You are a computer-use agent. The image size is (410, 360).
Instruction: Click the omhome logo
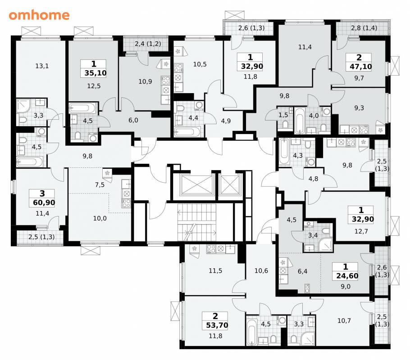[x=39, y=15]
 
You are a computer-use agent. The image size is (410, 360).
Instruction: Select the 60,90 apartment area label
[x=44, y=202]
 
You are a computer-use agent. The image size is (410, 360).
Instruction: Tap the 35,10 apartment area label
[x=96, y=73]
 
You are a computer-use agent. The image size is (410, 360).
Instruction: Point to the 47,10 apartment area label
[x=360, y=67]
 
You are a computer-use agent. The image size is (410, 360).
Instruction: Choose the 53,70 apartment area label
[x=217, y=325]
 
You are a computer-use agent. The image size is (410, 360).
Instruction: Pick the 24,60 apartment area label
[x=347, y=275]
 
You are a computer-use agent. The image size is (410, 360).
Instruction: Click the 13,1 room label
[x=42, y=66]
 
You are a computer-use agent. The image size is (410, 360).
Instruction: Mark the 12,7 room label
[x=361, y=231]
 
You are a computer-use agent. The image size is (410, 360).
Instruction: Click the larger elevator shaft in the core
[x=197, y=185]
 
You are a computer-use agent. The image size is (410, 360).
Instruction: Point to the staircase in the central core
[x=197, y=223]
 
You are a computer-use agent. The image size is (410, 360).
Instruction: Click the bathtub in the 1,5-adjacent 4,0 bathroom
[x=300, y=121]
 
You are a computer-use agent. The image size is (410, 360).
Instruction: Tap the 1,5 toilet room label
[x=283, y=115]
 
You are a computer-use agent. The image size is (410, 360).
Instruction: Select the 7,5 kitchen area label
[x=100, y=185]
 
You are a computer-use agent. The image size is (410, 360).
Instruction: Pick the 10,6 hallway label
[x=261, y=270]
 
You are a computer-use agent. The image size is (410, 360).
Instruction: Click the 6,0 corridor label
[x=133, y=120]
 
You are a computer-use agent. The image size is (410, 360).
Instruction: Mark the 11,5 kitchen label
[x=215, y=270]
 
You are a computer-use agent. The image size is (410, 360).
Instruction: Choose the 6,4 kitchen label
[x=302, y=271]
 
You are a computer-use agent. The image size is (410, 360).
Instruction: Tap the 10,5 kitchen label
[x=200, y=64]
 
